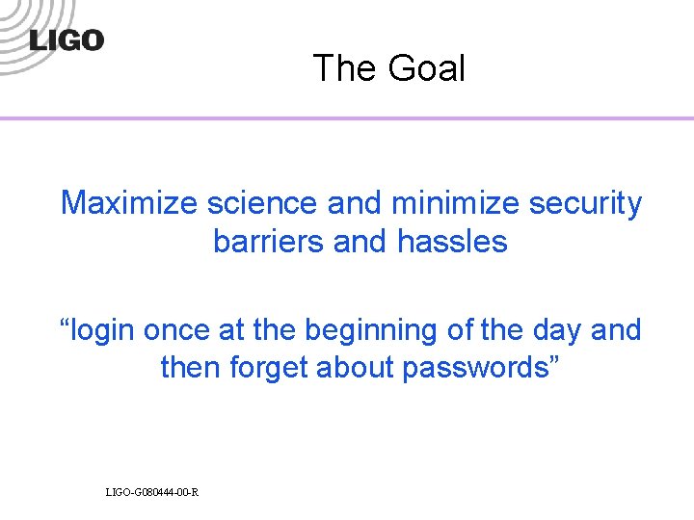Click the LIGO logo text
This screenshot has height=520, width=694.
67,40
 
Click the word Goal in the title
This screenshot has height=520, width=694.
427,69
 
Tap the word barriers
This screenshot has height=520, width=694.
268,241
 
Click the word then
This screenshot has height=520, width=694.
189,367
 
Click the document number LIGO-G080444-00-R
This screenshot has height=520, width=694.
152,492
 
